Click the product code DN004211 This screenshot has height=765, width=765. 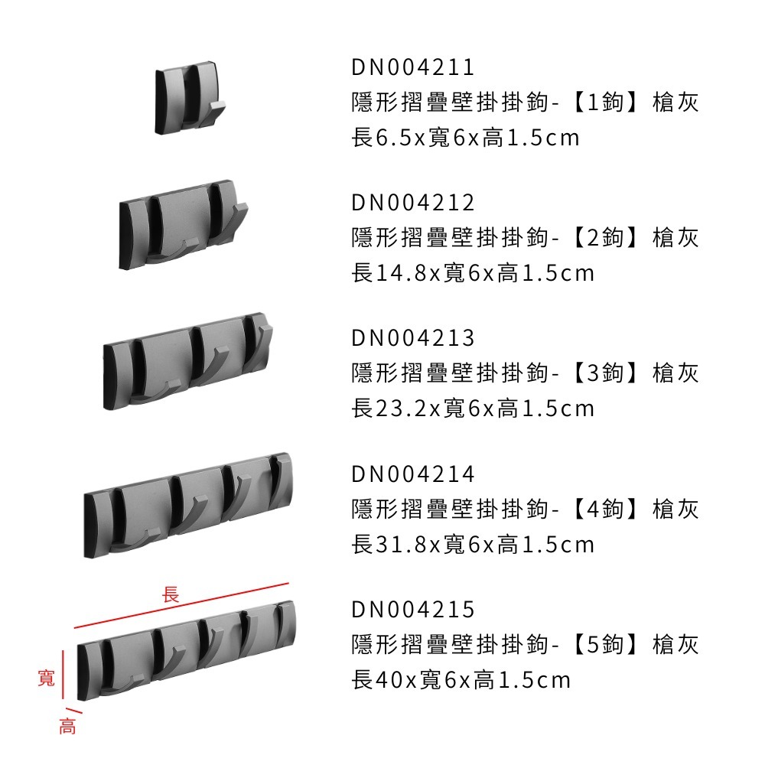click(x=413, y=68)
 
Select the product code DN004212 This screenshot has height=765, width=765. click(x=413, y=203)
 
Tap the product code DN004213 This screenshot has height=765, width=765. click(x=413, y=338)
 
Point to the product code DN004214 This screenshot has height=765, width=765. click(x=413, y=474)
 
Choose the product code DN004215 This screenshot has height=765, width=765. click(x=413, y=610)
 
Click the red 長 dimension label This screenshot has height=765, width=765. click(x=171, y=594)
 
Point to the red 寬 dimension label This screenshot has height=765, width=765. click(x=47, y=676)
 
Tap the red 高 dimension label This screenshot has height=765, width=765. click(x=68, y=726)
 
